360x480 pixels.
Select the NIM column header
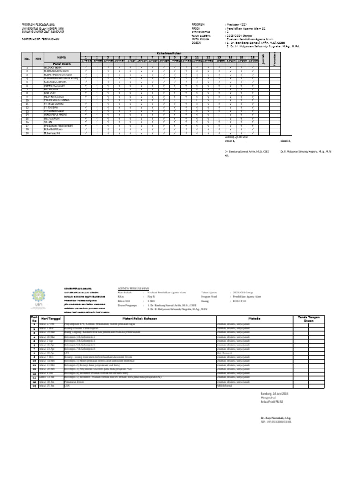[38, 59]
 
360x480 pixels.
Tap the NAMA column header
[62, 57]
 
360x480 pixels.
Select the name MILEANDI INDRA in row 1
[52, 68]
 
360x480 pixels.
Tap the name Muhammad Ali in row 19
[52, 133]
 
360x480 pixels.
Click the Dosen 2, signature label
[285, 141]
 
